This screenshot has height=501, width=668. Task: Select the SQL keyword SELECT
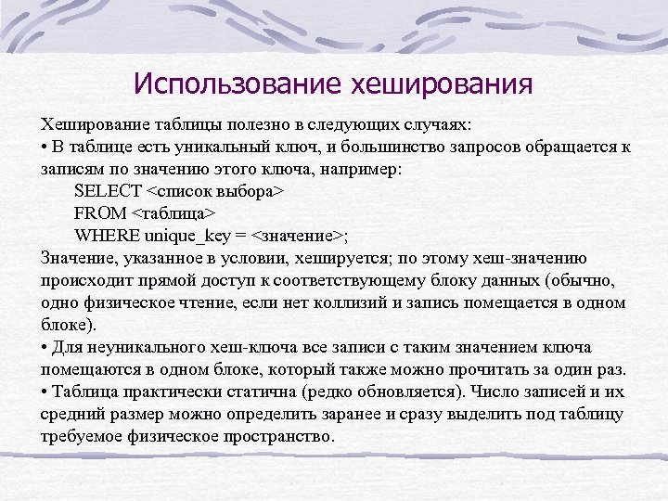108,191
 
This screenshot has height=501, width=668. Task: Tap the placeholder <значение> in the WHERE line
298,235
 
